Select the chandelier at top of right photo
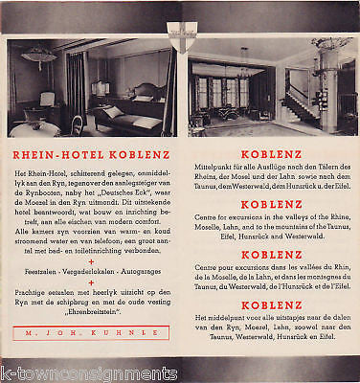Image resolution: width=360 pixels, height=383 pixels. point(331,44)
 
